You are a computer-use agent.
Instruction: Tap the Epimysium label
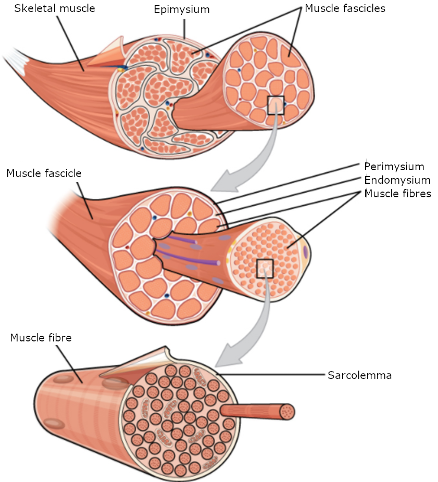(x=182, y=10)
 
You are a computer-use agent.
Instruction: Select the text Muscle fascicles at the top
(x=345, y=8)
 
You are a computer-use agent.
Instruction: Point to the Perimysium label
(x=394, y=167)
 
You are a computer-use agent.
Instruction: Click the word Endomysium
(x=397, y=180)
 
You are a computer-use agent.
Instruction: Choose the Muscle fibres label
(x=397, y=194)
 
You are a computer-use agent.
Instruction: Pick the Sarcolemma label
(x=359, y=375)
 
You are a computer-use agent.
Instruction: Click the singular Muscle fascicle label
(x=44, y=173)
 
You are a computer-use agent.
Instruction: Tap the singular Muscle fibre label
(x=41, y=338)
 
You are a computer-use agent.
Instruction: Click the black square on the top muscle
(x=276, y=105)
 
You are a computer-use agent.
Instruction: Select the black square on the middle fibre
(x=265, y=268)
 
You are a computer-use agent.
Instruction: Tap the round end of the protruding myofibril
(x=287, y=411)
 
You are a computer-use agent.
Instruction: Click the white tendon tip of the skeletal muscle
(x=12, y=60)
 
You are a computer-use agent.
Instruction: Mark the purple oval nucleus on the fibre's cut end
(x=305, y=253)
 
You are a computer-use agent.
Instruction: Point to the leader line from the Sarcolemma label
(x=271, y=374)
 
